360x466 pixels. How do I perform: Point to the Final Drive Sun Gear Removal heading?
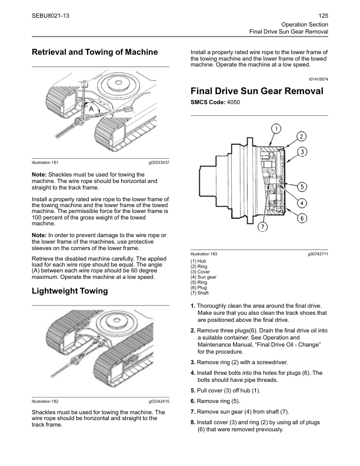click(x=256, y=91)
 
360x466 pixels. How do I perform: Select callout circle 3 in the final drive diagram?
click(x=303, y=152)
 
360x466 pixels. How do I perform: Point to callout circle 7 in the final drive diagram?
click(x=262, y=227)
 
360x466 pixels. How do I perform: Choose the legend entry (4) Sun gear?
click(x=204, y=277)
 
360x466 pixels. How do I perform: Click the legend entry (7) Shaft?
click(x=200, y=292)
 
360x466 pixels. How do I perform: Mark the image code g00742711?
click(x=317, y=254)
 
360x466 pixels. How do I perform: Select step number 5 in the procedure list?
click(x=193, y=390)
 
